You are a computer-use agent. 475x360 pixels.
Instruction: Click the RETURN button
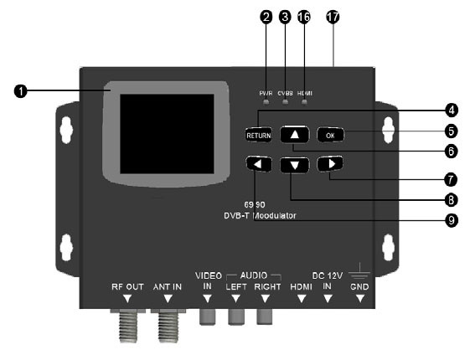[x=256, y=135]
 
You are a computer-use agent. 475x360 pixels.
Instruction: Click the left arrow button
[x=259, y=164]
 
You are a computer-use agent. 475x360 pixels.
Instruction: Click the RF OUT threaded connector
[x=127, y=326]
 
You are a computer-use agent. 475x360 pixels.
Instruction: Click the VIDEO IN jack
[x=206, y=316]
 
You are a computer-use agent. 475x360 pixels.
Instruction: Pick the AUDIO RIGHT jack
[x=266, y=316]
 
